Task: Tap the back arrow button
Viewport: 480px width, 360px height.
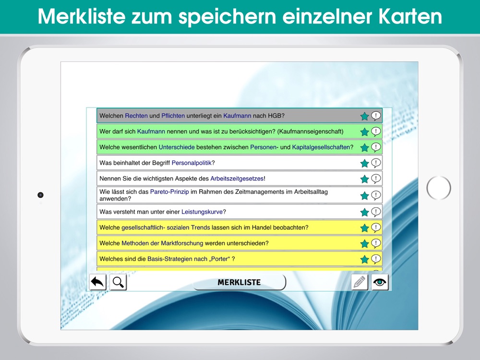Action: (97, 282)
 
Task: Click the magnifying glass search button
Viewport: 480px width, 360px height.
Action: (118, 282)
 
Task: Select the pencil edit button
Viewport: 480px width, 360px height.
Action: (360, 282)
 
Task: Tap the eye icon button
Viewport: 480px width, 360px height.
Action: (380, 282)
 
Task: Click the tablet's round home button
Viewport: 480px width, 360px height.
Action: (439, 188)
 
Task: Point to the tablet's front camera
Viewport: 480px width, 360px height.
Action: (40, 195)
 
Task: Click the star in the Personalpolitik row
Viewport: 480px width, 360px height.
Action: (364, 164)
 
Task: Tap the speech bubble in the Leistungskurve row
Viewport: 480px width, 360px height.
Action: (376, 212)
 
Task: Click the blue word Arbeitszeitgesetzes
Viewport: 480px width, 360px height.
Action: (237, 179)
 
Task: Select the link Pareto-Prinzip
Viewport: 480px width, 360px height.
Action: (169, 192)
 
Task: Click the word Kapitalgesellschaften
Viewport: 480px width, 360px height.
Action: (321, 147)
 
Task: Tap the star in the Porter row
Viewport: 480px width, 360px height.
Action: (364, 259)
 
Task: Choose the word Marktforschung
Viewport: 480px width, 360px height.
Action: (182, 243)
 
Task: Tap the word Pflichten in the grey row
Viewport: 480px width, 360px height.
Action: (173, 116)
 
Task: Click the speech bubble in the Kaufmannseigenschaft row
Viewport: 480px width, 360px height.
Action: (376, 132)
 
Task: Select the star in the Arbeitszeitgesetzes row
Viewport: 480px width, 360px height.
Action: (364, 179)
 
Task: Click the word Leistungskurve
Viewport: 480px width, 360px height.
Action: (202, 212)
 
